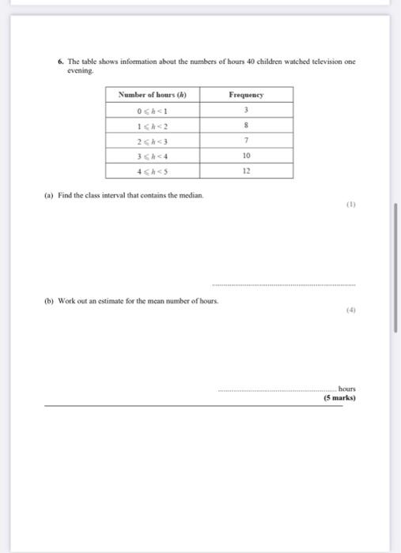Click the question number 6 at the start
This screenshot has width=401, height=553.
60,61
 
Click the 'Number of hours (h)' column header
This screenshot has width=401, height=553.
152,95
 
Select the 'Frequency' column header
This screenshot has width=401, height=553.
246,95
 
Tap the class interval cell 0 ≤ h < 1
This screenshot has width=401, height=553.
152,110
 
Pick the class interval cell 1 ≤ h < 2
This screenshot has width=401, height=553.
152,125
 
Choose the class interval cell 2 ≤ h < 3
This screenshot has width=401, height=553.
152,140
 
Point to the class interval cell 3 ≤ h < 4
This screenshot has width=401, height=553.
152,156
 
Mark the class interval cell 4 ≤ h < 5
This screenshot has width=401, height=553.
152,171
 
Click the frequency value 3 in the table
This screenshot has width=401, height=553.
246,110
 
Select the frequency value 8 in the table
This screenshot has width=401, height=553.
246,125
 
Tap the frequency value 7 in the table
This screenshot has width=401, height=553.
246,140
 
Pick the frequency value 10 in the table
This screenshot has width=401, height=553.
246,156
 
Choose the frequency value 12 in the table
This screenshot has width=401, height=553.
246,171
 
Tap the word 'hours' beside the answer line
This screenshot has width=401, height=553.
346,389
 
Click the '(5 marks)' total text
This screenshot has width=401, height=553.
339,398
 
